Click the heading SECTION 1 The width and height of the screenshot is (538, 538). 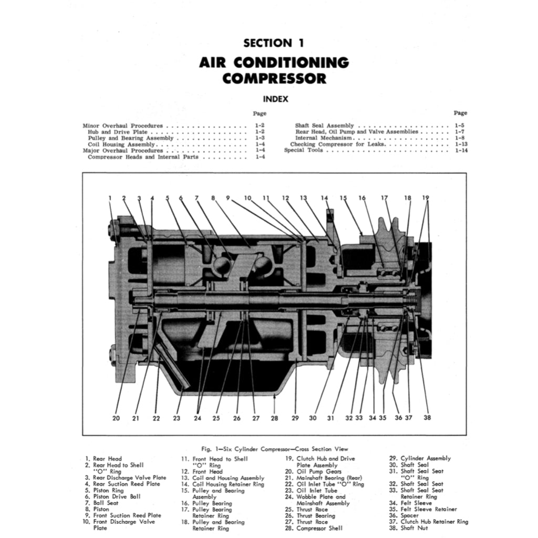pyautogui.click(x=274, y=43)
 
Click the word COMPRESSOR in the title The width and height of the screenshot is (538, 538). pyautogui.click(x=274, y=79)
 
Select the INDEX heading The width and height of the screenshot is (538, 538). pyautogui.click(x=275, y=99)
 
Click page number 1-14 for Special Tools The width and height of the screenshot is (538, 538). pyautogui.click(x=461, y=150)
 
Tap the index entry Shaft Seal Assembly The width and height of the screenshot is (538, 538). pyautogui.click(x=324, y=126)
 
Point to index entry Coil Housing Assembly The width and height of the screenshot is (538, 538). pyautogui.click(x=121, y=144)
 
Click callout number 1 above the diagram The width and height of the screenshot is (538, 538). pyautogui.click(x=110, y=198)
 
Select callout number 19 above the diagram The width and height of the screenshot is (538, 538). pyautogui.click(x=425, y=198)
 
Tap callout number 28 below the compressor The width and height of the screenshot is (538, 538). pyautogui.click(x=274, y=418)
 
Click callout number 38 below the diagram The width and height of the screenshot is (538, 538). pyautogui.click(x=427, y=418)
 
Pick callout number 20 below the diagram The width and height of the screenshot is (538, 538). pyautogui.click(x=116, y=418)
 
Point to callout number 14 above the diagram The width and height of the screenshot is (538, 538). pyautogui.click(x=325, y=198)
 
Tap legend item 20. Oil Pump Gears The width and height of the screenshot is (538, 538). pyautogui.click(x=313, y=471)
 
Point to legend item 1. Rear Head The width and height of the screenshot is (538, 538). pyautogui.click(x=104, y=459)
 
